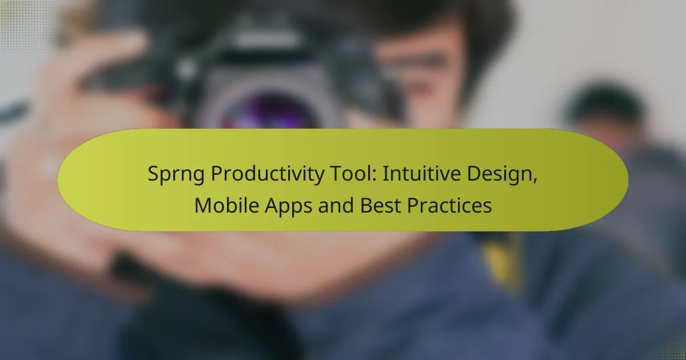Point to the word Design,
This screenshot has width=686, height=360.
click(x=505, y=174)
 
